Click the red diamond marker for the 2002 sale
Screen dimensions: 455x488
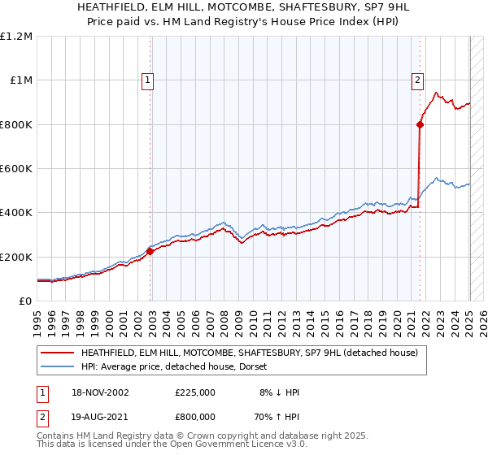point(150,251)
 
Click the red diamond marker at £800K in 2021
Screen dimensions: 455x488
point(420,124)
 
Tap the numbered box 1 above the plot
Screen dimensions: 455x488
point(147,80)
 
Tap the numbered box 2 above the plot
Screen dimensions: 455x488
point(416,80)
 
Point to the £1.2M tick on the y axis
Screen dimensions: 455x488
point(16,37)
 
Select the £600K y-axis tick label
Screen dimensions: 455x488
point(16,169)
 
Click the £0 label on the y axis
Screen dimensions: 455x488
point(24,301)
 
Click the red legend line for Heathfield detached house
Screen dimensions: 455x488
point(57,353)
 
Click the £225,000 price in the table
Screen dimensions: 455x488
point(194,392)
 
